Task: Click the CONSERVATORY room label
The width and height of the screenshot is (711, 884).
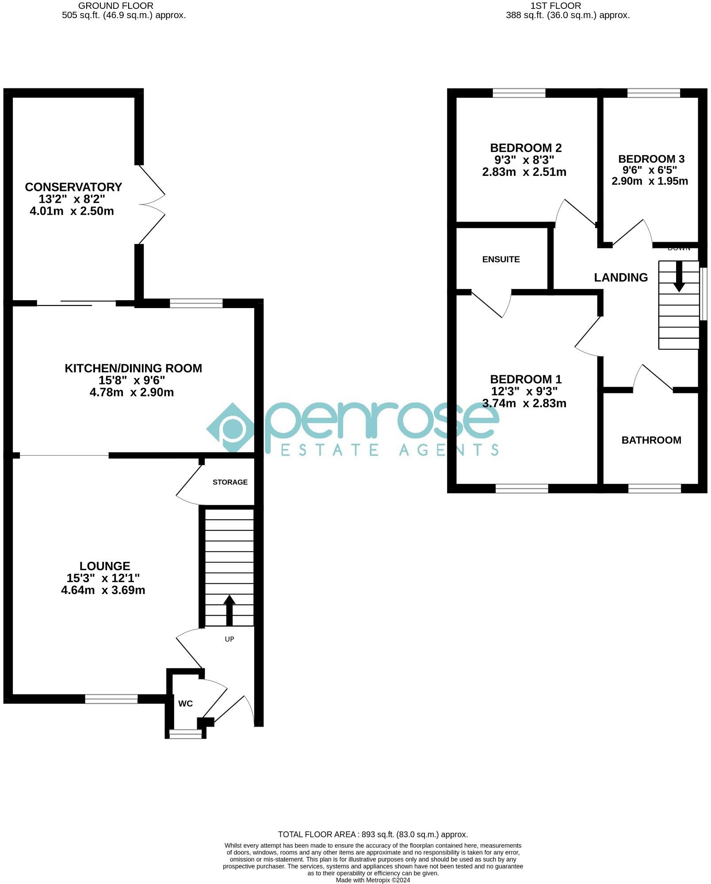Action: click(73, 187)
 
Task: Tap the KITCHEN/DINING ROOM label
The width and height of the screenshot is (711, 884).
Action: click(133, 368)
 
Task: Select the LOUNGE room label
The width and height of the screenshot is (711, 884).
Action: click(105, 566)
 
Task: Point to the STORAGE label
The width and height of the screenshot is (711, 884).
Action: click(230, 482)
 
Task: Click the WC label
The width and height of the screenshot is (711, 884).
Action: click(185, 703)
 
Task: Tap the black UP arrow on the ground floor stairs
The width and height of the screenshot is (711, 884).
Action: click(229, 610)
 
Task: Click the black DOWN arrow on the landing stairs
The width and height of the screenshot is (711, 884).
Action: click(679, 277)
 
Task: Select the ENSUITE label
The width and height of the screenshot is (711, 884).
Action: click(501, 259)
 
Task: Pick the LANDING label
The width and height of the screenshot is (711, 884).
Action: click(621, 277)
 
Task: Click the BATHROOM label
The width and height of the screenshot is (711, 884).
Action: click(651, 440)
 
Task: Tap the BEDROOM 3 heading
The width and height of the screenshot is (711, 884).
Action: click(651, 159)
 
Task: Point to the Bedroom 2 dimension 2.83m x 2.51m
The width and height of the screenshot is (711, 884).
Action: click(524, 172)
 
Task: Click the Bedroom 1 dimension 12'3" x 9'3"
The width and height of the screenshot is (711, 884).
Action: click(524, 391)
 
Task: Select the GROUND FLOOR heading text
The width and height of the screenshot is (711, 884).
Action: click(116, 6)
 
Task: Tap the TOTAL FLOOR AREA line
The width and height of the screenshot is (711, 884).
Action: click(373, 834)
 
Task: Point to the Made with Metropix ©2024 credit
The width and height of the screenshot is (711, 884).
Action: click(373, 880)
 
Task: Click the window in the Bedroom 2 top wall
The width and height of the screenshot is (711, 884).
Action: click(519, 93)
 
